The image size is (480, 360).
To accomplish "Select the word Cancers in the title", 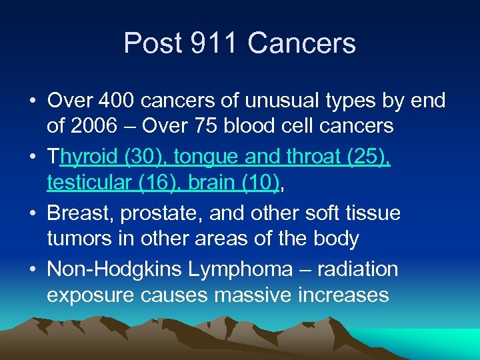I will pos(301,44).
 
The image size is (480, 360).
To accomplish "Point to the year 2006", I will pos(93,125).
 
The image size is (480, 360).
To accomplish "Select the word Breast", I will pos(79,213).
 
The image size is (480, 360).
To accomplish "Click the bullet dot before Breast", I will pos(33,214).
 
